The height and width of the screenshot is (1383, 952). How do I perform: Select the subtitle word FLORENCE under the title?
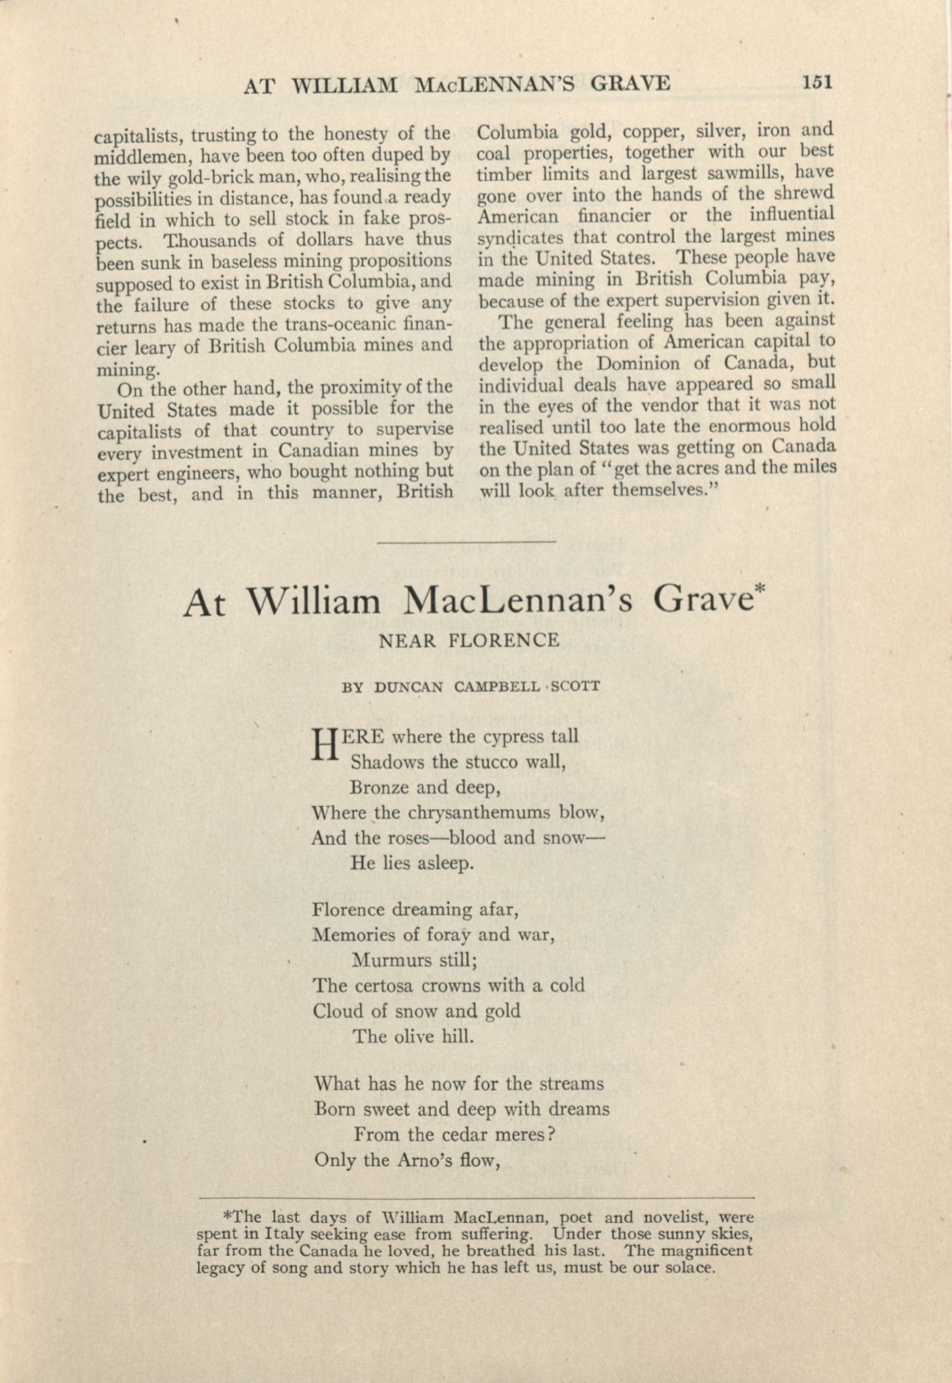(x=504, y=641)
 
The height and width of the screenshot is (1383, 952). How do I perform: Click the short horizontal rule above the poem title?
(x=466, y=541)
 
